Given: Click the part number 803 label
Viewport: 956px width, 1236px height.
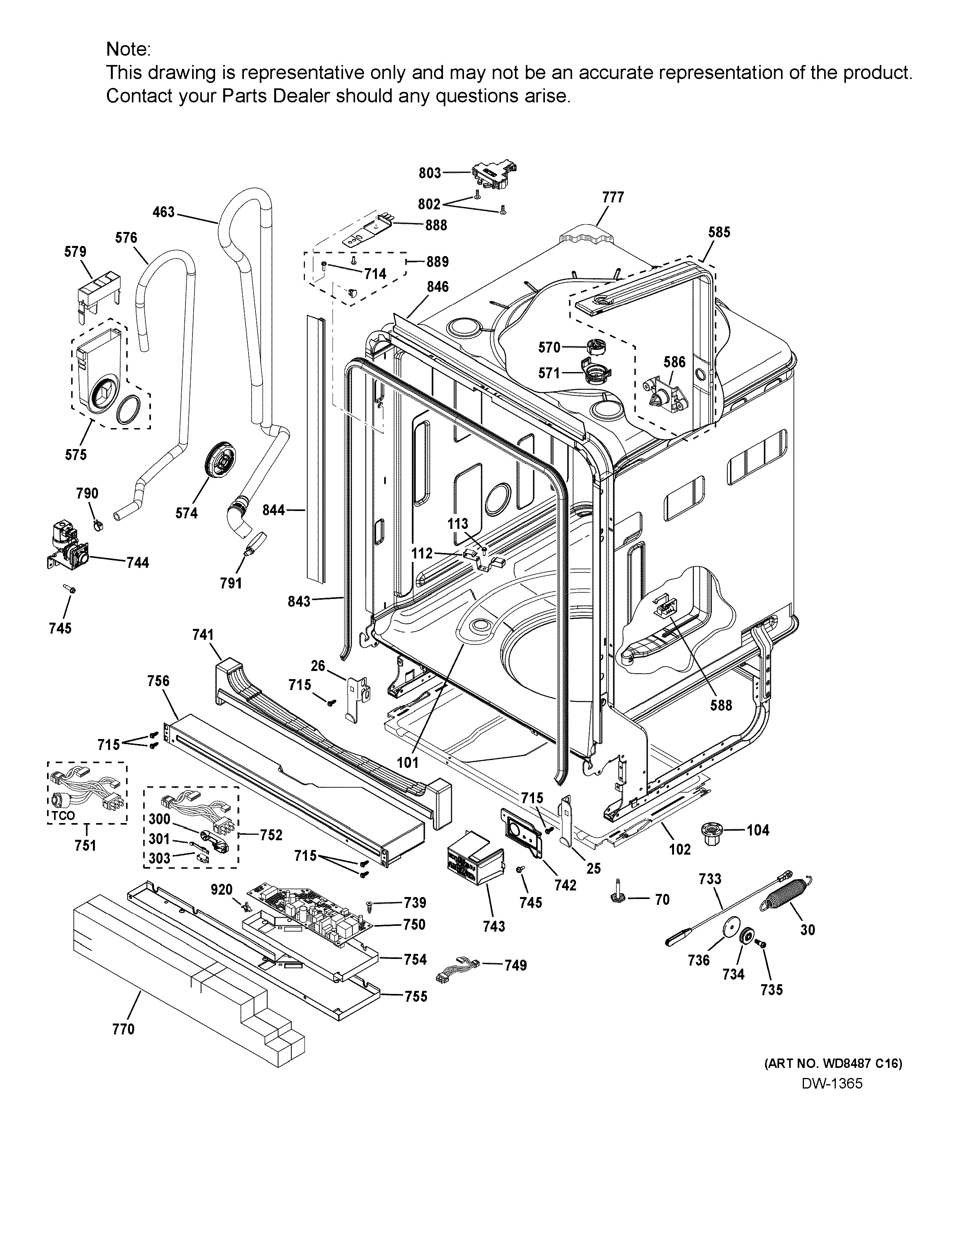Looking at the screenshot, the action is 429,173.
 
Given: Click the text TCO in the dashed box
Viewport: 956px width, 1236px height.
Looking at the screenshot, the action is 63,816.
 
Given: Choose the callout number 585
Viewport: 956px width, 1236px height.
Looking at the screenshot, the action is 719,232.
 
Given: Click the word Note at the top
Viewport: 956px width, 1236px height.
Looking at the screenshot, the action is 128,50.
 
